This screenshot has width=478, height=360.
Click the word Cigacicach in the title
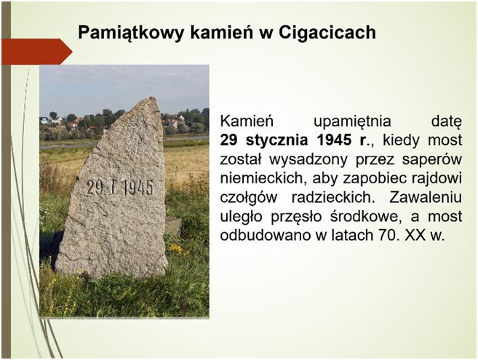(327, 32)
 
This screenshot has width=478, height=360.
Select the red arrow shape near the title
(37, 52)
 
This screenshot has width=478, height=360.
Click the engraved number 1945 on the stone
(138, 188)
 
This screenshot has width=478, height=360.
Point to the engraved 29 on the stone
(95, 187)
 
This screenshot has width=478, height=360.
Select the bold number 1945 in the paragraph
(334, 140)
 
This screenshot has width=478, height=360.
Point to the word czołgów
(248, 198)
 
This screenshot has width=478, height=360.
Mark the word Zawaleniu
(426, 197)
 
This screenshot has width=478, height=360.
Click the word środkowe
(366, 217)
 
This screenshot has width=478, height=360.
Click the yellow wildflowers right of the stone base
(176, 249)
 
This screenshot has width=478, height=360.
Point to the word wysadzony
(308, 160)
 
